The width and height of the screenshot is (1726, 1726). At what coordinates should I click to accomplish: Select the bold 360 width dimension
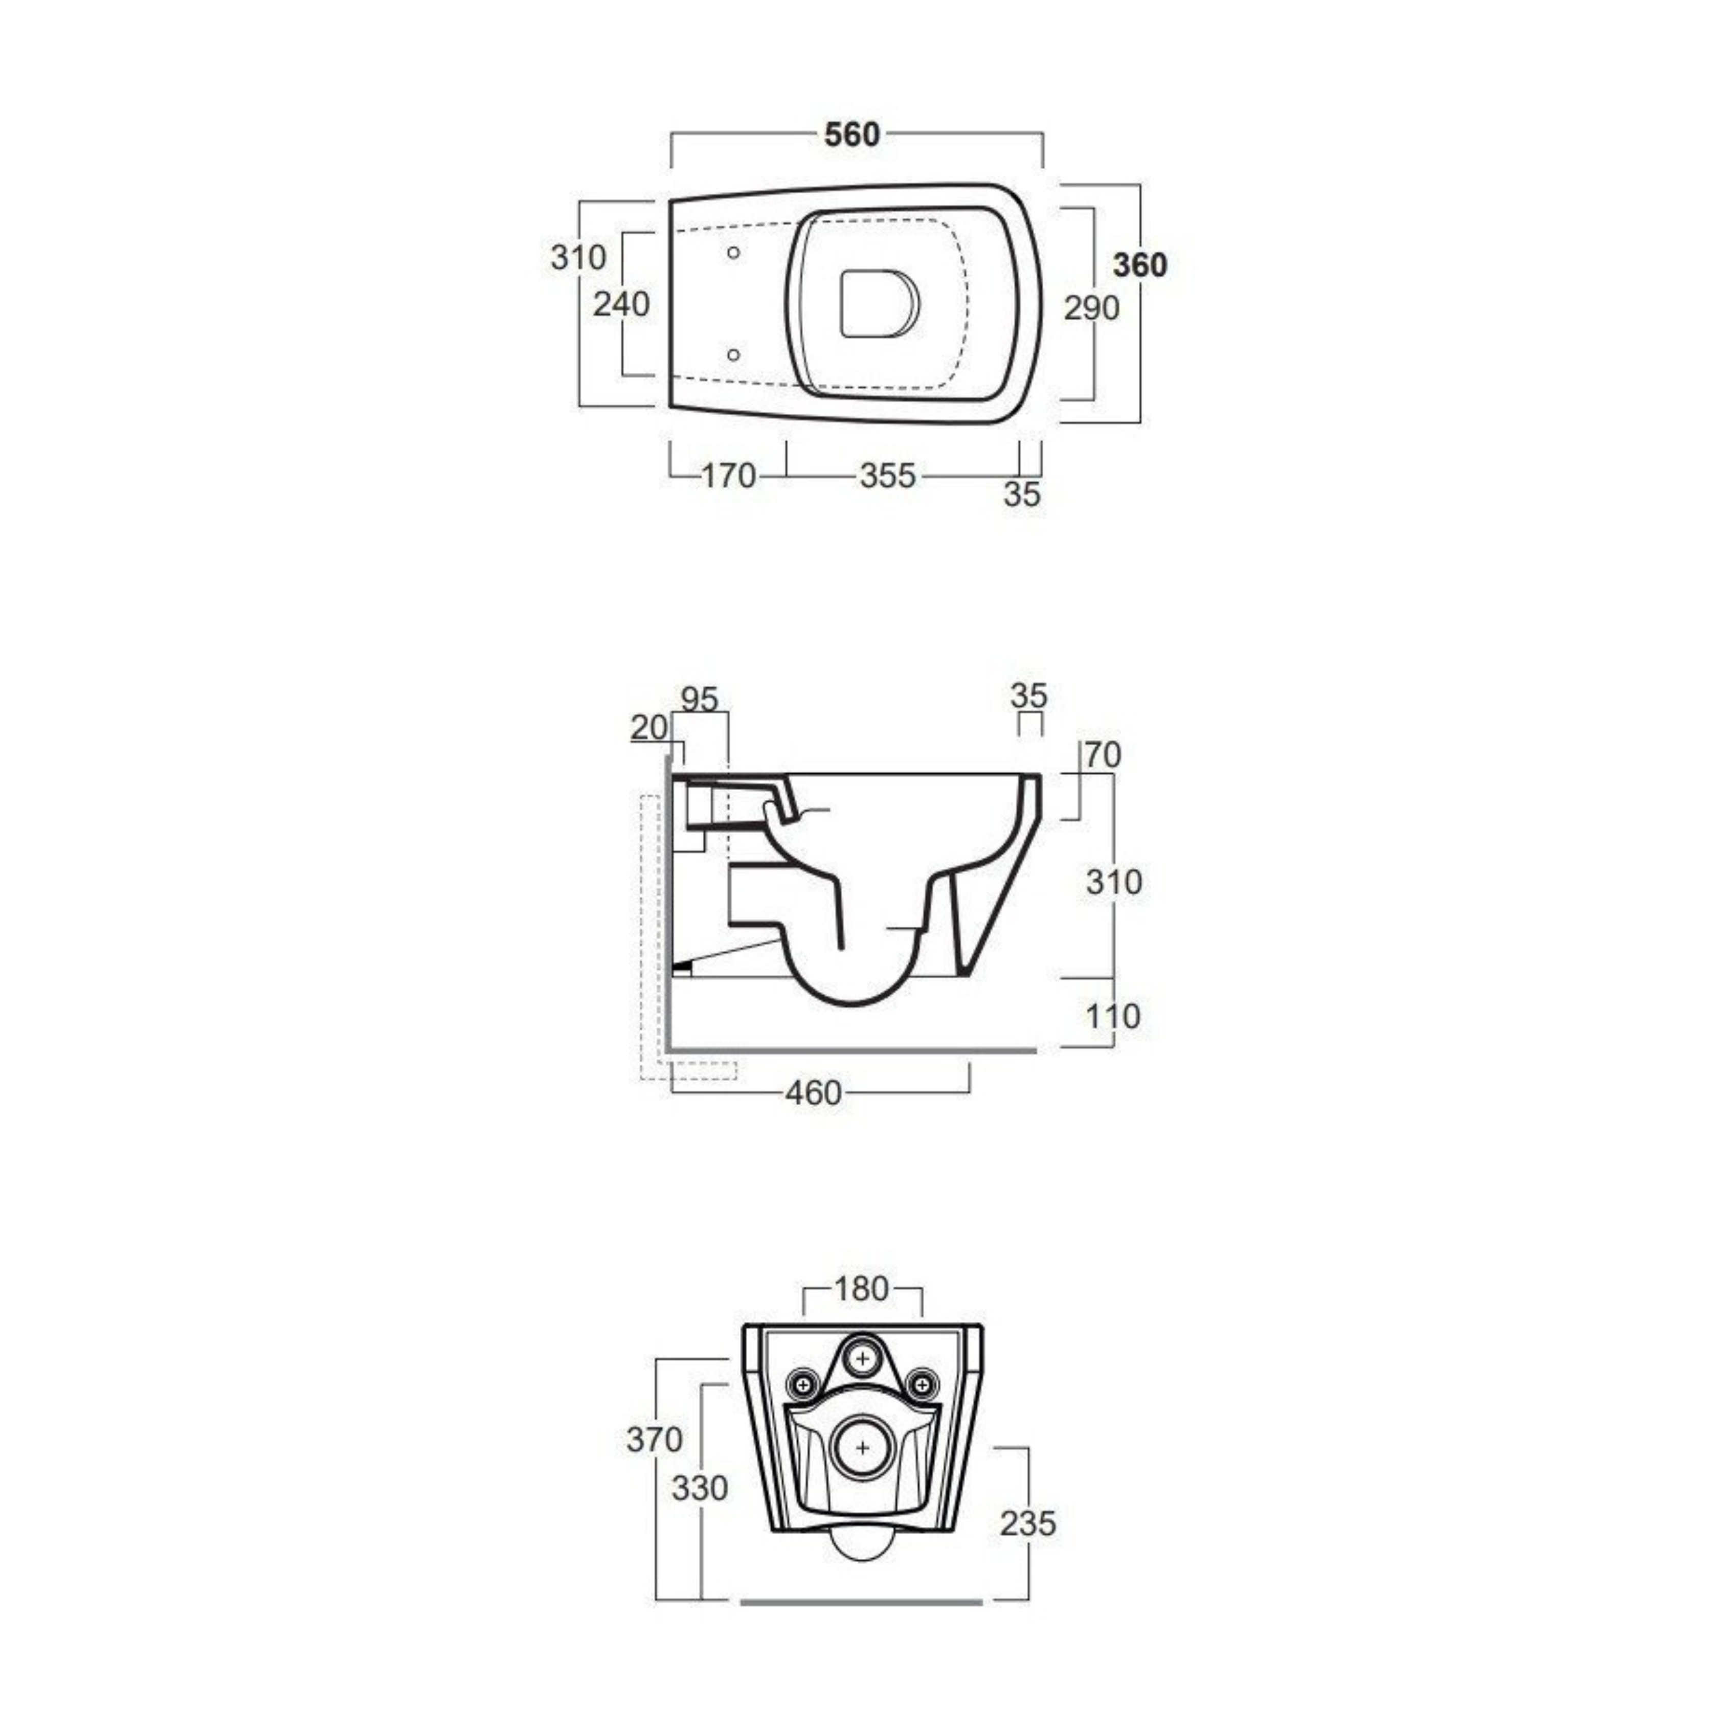[x=1140, y=265]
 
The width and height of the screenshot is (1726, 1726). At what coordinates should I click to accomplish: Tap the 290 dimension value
[x=1091, y=308]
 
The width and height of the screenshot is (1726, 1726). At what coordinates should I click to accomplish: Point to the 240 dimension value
[x=622, y=305]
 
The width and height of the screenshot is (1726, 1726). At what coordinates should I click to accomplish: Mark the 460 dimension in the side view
[x=813, y=1092]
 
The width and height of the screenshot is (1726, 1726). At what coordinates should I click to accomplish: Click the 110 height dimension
[x=1113, y=1016]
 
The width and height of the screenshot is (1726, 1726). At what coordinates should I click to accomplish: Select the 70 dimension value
[x=1103, y=755]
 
